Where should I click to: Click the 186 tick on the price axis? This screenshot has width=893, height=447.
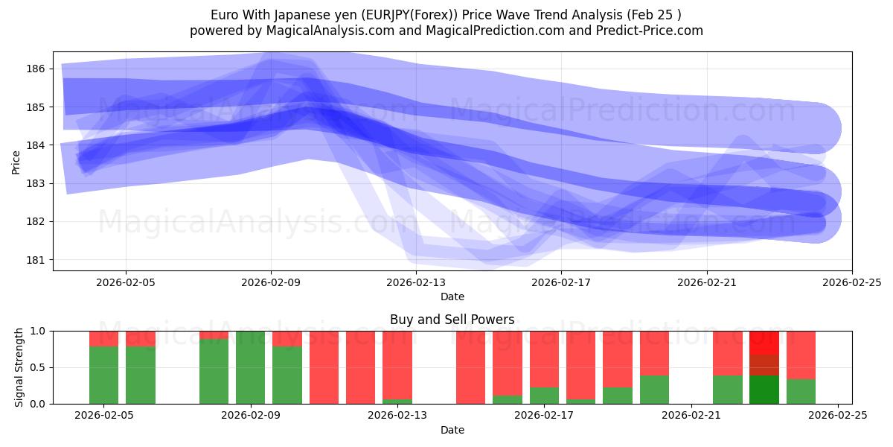(36, 69)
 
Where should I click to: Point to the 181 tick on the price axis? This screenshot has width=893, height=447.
(36, 260)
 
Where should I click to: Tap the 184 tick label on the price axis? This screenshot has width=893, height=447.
(36, 145)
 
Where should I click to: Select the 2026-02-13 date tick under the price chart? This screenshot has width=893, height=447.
(415, 282)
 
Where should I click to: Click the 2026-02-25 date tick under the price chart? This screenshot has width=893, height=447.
(851, 282)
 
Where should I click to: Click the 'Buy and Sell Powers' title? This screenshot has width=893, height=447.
(452, 320)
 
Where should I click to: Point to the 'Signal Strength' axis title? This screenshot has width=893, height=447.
(20, 367)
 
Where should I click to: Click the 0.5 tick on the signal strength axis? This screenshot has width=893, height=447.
(37, 367)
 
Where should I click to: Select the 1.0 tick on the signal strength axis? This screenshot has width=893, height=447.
(37, 331)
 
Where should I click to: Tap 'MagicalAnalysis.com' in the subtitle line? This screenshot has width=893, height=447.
(308, 31)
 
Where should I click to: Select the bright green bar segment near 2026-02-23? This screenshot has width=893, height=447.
(764, 390)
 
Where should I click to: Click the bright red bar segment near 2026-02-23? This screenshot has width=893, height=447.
(764, 342)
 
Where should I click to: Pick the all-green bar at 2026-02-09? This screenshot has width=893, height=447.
(250, 367)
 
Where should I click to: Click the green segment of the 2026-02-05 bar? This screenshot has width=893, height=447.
(103, 375)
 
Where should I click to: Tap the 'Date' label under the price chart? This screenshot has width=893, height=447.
(452, 297)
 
